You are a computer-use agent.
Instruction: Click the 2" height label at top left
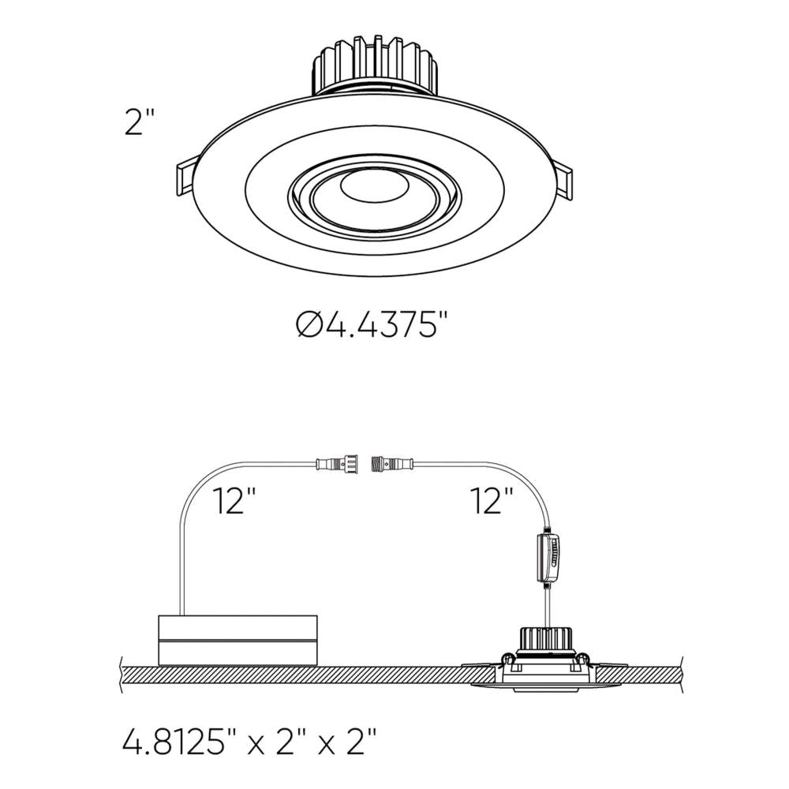click(140, 123)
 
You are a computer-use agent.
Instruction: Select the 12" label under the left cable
click(234, 501)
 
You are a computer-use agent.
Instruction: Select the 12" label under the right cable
click(492, 501)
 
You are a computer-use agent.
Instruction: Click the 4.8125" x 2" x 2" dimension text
click(249, 742)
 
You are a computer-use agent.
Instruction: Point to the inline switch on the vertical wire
click(548, 558)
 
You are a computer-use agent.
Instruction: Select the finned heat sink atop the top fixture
click(376, 63)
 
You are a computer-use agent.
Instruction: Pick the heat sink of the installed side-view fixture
click(547, 637)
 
